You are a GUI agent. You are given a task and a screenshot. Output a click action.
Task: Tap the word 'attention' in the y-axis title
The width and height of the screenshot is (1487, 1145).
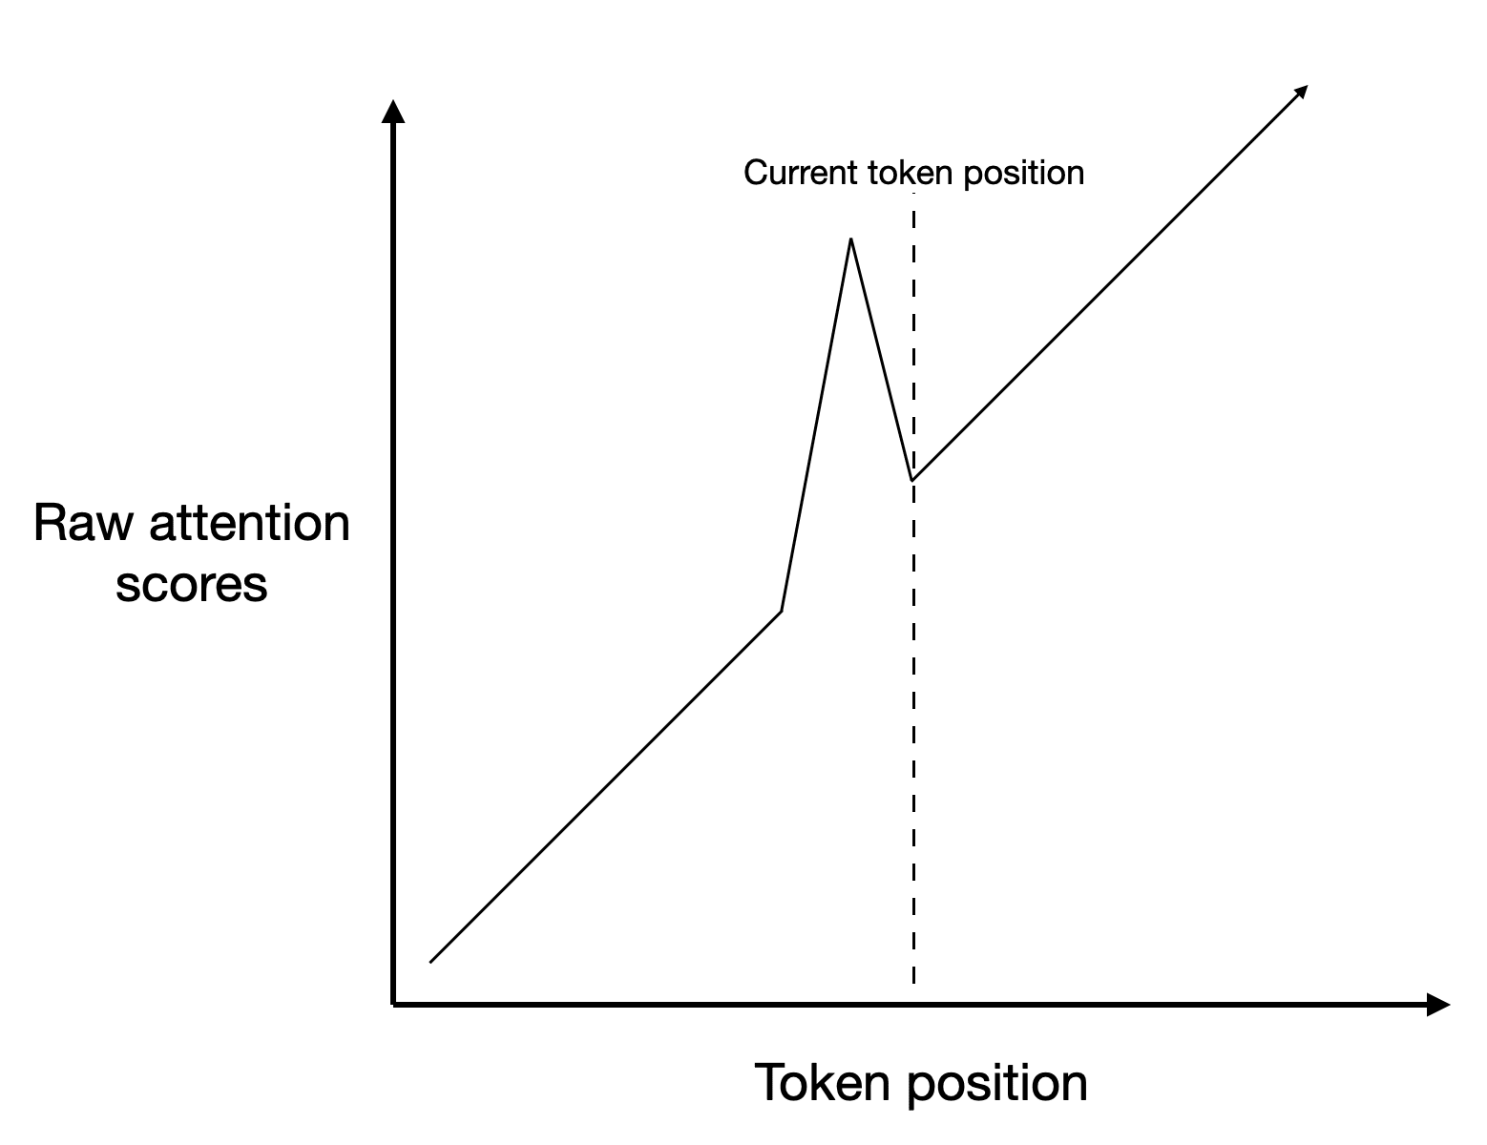[x=247, y=524]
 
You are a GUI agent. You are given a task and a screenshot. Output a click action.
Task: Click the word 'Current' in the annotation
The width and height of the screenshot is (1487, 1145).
[x=801, y=173]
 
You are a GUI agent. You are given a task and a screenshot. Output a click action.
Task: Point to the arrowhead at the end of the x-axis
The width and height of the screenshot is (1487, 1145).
[x=1438, y=1004]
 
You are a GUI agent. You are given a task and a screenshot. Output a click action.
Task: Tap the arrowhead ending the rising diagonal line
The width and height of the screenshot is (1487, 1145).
[x=1300, y=92]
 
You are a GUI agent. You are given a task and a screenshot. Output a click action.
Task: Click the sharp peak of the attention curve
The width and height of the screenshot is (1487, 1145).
[x=850, y=239]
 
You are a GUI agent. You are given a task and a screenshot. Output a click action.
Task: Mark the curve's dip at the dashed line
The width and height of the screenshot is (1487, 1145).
[x=913, y=479]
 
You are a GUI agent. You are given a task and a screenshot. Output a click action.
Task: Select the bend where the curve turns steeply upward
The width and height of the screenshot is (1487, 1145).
[x=782, y=611]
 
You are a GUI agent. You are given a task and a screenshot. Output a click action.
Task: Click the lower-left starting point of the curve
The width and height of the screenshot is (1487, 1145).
[x=431, y=962]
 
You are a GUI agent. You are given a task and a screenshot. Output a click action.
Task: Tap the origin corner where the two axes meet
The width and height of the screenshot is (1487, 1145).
[x=393, y=1004]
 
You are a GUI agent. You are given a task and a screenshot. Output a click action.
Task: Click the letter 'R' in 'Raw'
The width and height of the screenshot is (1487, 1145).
[x=48, y=524]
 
